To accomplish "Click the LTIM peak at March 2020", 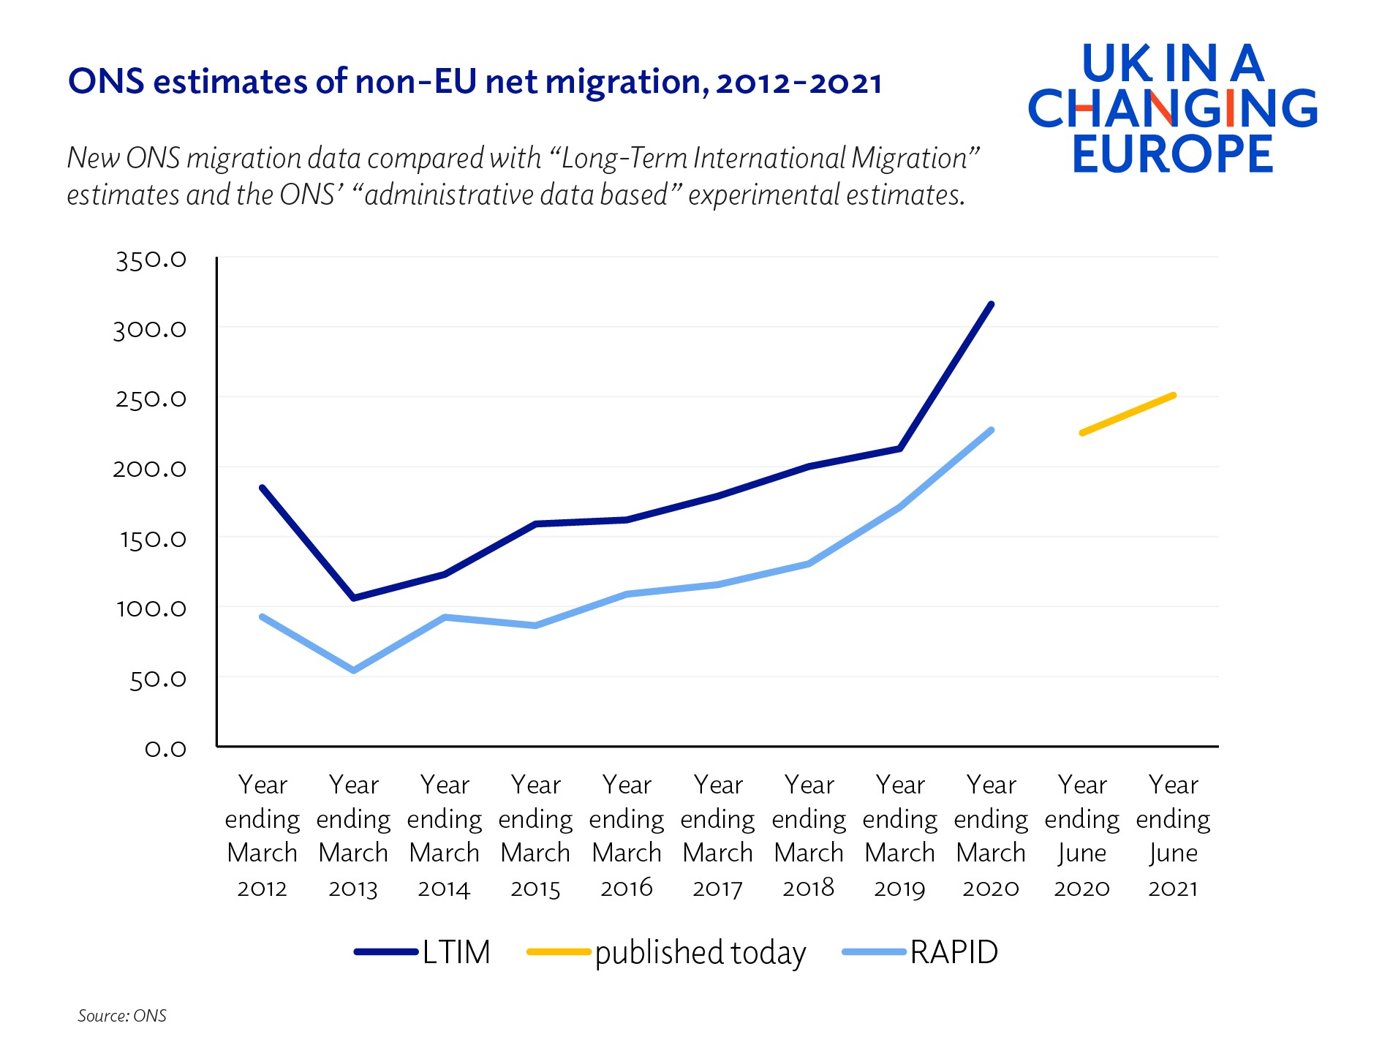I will coord(991,304).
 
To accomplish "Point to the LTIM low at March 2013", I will coord(354,598).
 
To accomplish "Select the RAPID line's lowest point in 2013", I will coord(354,670).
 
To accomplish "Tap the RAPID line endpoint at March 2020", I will coord(991,430).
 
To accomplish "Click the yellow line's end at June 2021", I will coord(1173,396).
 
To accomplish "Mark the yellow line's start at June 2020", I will coord(1082,433).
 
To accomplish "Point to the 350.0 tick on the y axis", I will coord(151,260).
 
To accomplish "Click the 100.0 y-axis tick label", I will coord(151,608).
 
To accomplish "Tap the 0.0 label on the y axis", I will coord(165,749).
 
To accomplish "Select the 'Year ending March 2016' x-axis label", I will coord(627,835).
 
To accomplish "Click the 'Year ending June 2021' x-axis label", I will coord(1173,835).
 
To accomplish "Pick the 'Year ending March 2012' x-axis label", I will coord(263,835).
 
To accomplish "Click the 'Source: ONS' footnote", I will coord(122,1016).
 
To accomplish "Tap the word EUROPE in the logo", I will coord(1172,154).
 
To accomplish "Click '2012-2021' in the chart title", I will coord(798,82).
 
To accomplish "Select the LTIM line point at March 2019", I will coord(899,448).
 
